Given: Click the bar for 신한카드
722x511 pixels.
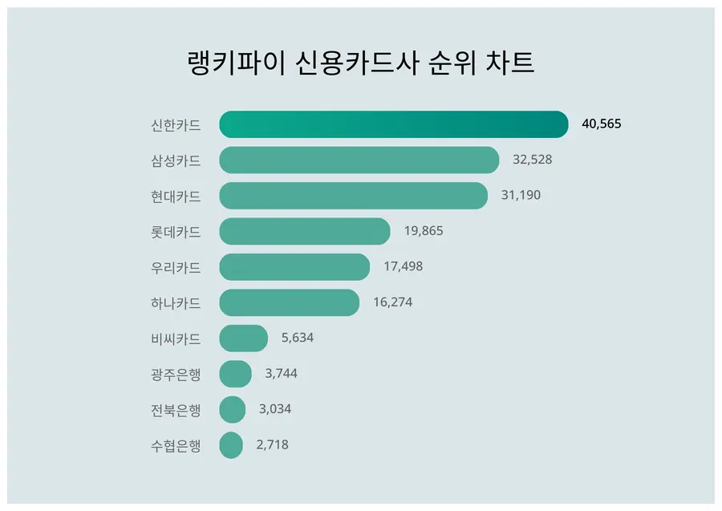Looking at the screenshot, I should click(x=393, y=124).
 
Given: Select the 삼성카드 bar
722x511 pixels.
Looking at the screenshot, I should click(x=359, y=160).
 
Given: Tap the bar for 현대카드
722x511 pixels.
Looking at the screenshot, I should click(x=353, y=196).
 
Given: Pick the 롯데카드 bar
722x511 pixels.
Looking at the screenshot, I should click(x=305, y=231).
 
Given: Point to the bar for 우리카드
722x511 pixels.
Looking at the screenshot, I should click(x=294, y=267).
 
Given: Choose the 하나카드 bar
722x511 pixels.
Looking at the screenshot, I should click(x=289, y=302).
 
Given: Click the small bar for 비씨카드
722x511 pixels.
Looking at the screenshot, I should click(x=243, y=339).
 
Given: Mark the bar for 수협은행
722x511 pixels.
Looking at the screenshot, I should click(x=231, y=445).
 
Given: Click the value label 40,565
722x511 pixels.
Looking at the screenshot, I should click(x=602, y=124).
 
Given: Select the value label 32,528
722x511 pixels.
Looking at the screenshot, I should click(x=532, y=160).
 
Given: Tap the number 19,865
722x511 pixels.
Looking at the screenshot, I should click(x=424, y=231).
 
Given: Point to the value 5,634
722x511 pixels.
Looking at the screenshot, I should click(x=297, y=339).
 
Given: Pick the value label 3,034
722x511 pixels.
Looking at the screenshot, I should click(x=275, y=409).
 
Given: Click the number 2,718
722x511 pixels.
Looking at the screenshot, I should click(x=273, y=445).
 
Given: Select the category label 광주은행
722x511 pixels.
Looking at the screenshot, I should click(x=175, y=374).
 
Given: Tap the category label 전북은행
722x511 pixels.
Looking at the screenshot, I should click(x=175, y=409).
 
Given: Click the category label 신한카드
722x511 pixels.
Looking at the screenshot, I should click(x=175, y=124).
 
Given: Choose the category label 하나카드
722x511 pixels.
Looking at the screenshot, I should click(x=175, y=302).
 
